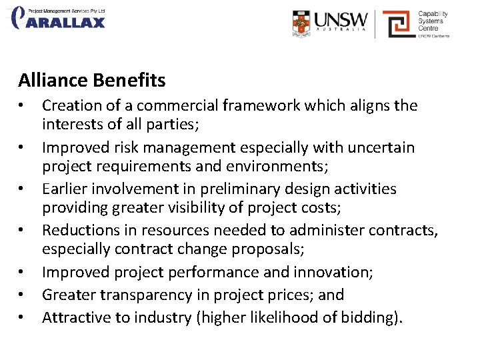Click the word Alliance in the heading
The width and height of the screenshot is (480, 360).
pyautogui.click(x=53, y=81)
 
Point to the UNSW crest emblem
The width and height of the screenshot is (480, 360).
pyautogui.click(x=301, y=23)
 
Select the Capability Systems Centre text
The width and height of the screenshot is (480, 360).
pyautogui.click(x=433, y=21)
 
